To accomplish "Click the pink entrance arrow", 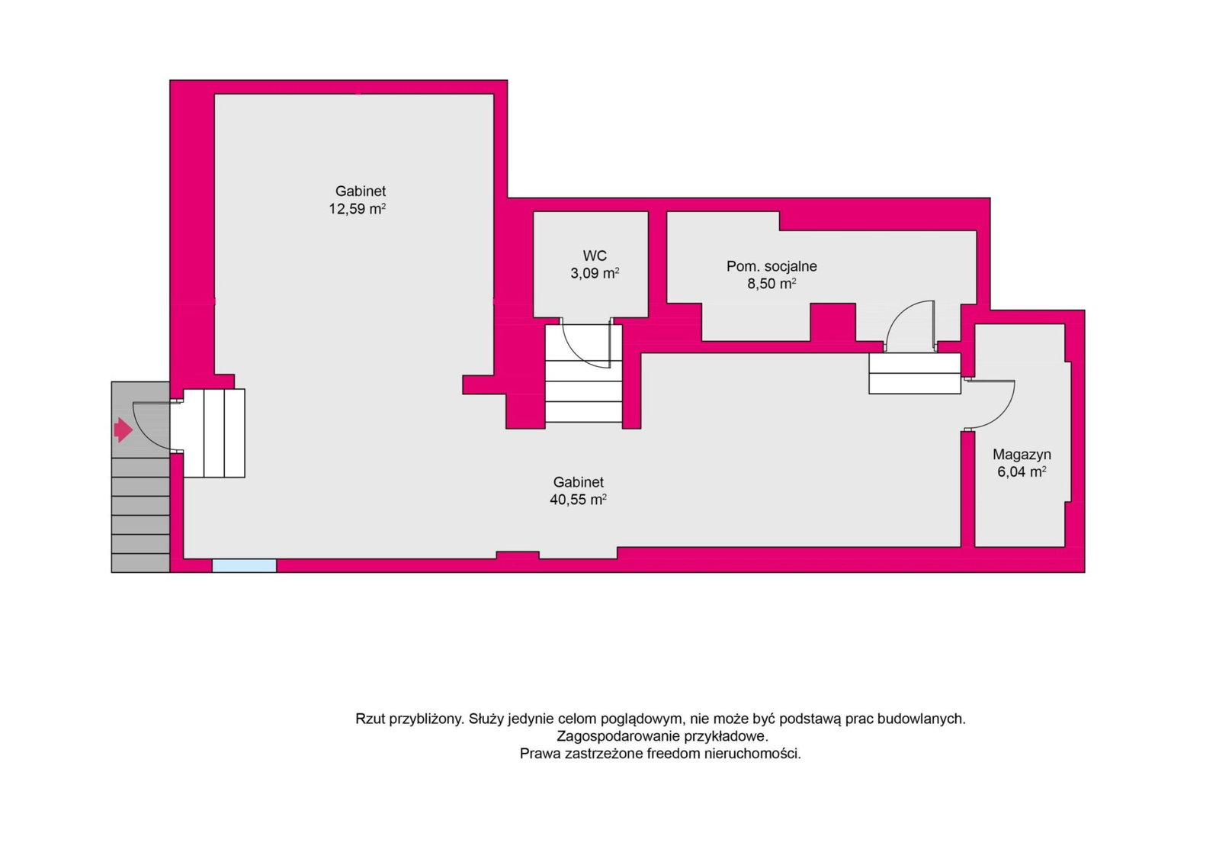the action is pos(123,429).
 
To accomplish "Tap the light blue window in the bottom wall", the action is pos(245,565).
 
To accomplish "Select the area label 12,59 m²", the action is pos(357,208).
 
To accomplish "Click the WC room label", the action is pos(595,256).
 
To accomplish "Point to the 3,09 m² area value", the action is pos(595,273).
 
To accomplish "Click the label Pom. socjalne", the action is pos(771,266).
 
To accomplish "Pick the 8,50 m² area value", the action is pos(771,284).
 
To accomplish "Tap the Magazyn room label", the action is pos(1022,455).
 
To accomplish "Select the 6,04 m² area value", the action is pos(1022,471).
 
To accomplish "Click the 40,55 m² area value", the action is pos(578,500).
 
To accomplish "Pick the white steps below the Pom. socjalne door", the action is pos(914,373).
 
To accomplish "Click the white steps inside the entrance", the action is pos(214,433).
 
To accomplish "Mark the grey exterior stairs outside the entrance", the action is pos(140,515).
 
